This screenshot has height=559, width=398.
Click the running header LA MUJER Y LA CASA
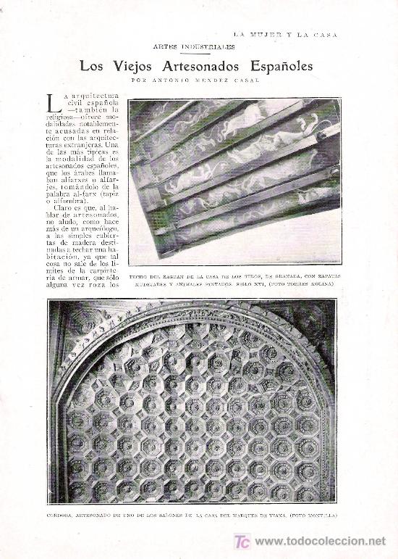[285, 33]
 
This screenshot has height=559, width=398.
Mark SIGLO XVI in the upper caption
[245, 285]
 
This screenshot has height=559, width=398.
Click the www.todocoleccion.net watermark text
[321, 541]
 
